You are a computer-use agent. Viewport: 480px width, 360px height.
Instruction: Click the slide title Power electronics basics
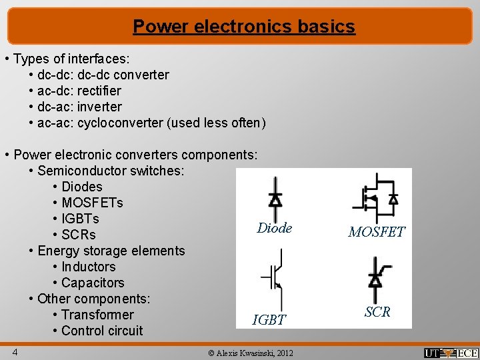click(243, 27)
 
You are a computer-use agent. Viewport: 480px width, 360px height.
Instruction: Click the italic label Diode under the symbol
click(275, 228)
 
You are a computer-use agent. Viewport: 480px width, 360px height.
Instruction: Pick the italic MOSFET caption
click(377, 232)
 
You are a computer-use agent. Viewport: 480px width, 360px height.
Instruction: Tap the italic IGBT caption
click(269, 320)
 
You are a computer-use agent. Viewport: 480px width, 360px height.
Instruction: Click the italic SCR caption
click(377, 311)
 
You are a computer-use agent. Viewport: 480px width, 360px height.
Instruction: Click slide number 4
click(14, 351)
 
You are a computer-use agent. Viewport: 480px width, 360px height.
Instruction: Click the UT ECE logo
click(451, 353)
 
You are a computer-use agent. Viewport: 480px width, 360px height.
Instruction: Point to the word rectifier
click(99, 91)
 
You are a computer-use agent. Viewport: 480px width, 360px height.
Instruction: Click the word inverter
click(99, 107)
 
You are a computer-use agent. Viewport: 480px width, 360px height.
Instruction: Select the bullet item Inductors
click(88, 267)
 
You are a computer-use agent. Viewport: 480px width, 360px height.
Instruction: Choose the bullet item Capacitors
click(92, 283)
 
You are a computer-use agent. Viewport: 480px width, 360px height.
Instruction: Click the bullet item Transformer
click(97, 315)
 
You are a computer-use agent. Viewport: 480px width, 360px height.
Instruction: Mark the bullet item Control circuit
click(101, 331)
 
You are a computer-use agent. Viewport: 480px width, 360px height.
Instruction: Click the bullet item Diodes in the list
click(81, 187)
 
